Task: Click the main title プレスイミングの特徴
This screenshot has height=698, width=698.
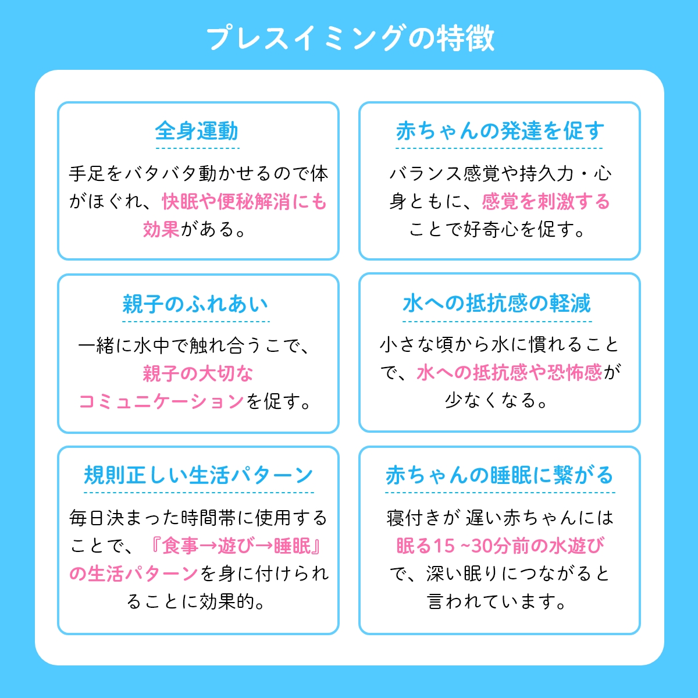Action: (350, 38)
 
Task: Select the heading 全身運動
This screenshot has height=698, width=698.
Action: (197, 131)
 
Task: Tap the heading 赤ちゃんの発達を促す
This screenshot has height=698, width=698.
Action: (500, 131)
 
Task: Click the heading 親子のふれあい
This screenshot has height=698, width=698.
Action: (195, 304)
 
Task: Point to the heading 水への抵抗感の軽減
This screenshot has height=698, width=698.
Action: (497, 303)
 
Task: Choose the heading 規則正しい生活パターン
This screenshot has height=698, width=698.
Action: (198, 475)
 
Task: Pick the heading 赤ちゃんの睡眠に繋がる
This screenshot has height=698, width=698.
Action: (500, 475)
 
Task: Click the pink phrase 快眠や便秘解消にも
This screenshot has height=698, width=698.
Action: (244, 201)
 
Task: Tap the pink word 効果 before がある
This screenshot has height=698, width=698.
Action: (161, 229)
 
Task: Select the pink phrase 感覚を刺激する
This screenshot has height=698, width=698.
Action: (546, 201)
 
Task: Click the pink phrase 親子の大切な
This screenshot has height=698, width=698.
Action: (198, 373)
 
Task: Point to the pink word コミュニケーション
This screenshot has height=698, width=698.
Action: (162, 401)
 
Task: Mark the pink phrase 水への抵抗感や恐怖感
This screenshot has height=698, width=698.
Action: (510, 372)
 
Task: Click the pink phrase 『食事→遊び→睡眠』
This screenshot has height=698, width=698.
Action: (236, 546)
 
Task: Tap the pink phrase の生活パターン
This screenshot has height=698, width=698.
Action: (134, 574)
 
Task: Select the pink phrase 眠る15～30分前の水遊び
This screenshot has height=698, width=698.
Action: (500, 546)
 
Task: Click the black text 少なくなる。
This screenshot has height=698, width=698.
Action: (496, 400)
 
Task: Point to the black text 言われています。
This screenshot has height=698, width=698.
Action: (497, 601)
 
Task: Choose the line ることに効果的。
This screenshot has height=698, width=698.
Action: (197, 601)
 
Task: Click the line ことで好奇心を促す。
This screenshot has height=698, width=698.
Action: (497, 229)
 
